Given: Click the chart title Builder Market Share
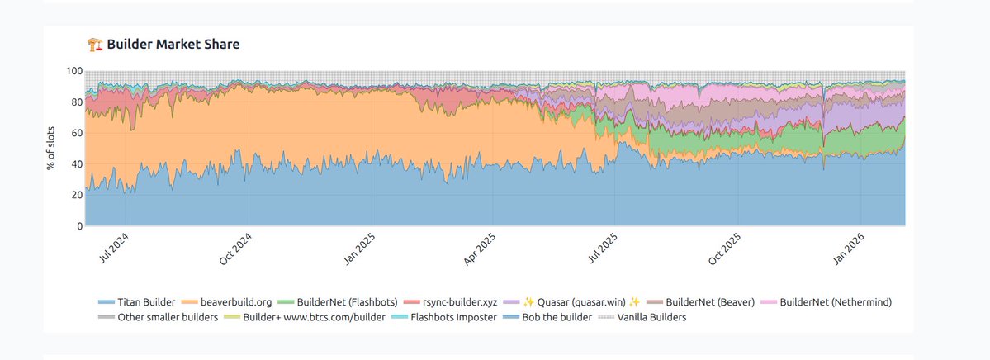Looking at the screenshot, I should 173,45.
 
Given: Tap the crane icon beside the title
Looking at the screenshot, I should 95,45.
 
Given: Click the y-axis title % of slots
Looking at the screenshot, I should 52,148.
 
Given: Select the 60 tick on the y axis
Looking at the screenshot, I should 75,133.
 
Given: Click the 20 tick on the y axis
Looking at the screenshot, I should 75,195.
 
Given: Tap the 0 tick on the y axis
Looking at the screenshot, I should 78,225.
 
